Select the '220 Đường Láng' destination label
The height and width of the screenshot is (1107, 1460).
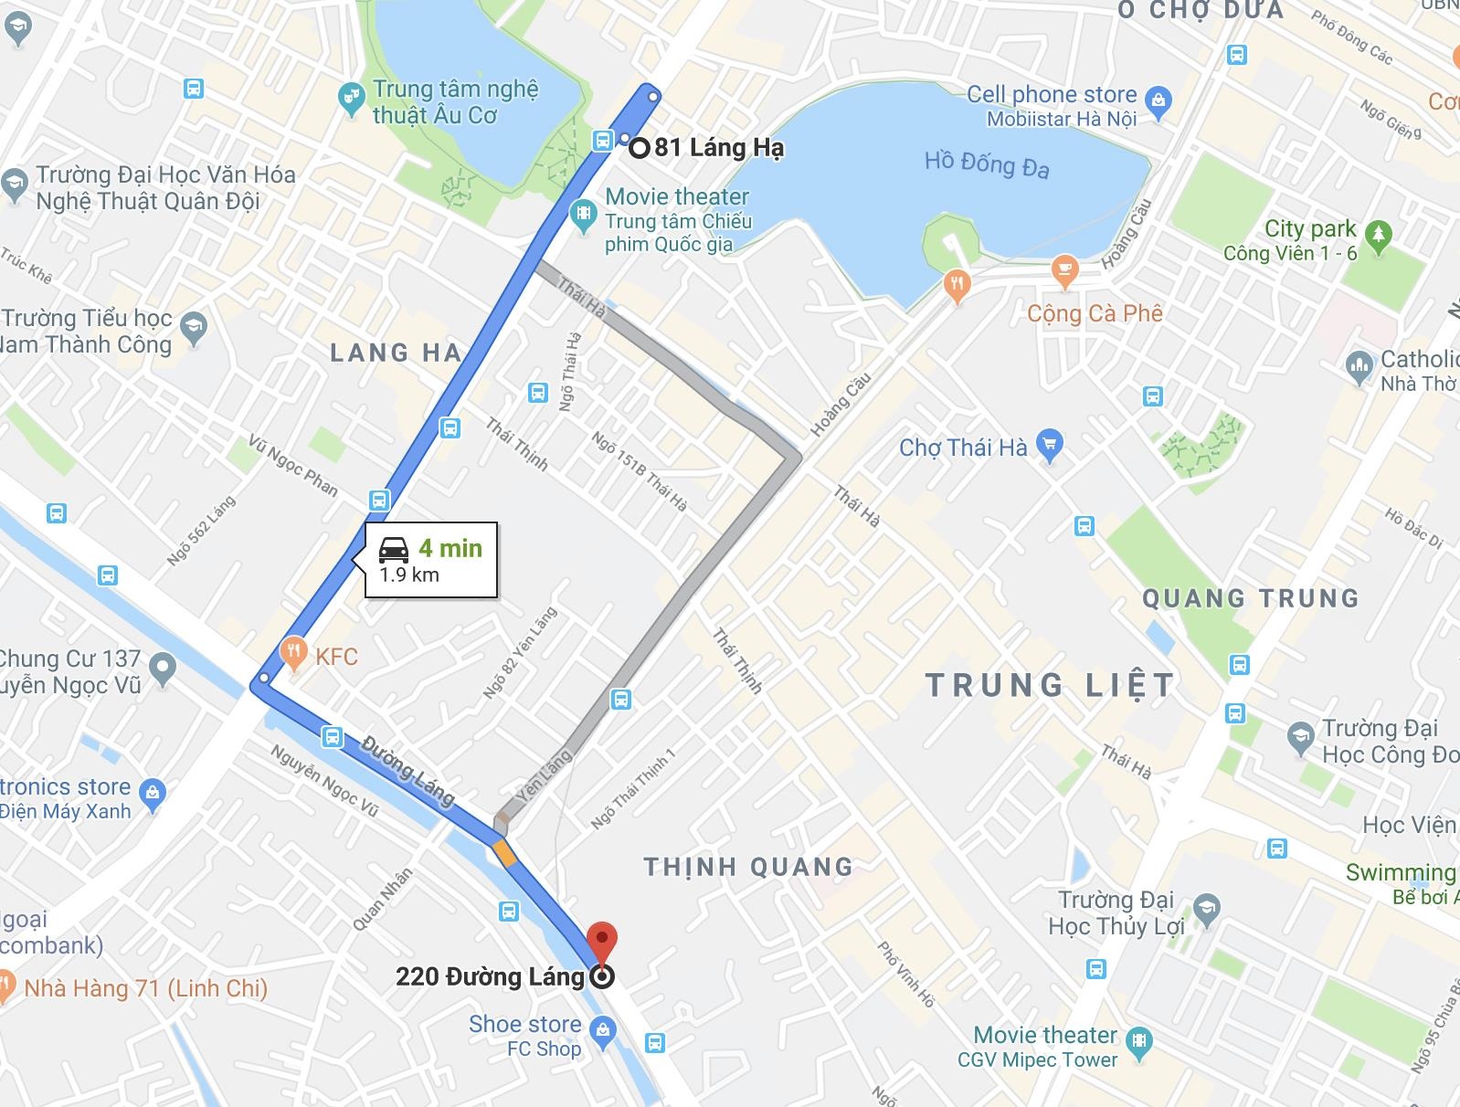click(x=490, y=976)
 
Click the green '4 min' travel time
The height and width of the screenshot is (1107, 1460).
click(x=450, y=547)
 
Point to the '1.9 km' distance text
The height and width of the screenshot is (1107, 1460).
click(x=409, y=575)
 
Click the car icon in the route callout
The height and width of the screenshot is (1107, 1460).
click(x=394, y=549)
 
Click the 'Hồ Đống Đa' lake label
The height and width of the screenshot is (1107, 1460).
click(x=986, y=164)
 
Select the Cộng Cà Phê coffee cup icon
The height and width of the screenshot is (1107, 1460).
click(x=1064, y=269)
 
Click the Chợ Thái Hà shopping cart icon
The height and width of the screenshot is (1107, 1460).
click(x=1050, y=447)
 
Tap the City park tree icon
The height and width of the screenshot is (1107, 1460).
click(x=1379, y=235)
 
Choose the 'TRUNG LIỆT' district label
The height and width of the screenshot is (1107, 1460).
click(x=1049, y=685)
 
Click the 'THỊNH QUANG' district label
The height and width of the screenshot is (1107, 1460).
click(x=748, y=867)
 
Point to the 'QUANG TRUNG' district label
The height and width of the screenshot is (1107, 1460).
click(x=1250, y=598)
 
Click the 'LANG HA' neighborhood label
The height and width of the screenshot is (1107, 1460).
click(x=396, y=353)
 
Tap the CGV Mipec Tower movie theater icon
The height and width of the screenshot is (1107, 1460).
click(x=1139, y=1039)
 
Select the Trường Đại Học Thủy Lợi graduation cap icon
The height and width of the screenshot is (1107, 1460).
click(x=1207, y=910)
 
